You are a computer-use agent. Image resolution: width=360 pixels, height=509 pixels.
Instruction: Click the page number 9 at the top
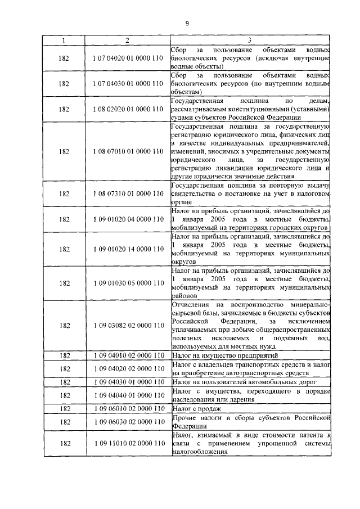pyautogui.click(x=186, y=23)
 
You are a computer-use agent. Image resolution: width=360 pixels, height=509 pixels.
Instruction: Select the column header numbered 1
pyautogui.click(x=64, y=40)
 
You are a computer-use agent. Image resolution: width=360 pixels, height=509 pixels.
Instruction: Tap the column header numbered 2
pyautogui.click(x=127, y=40)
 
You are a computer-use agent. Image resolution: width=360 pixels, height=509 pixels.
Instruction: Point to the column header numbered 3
pyautogui.click(x=249, y=40)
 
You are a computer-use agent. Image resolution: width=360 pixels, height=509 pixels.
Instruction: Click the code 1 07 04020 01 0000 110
pyautogui.click(x=127, y=58)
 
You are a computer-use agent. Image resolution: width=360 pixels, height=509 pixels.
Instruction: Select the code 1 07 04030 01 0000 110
pyautogui.click(x=127, y=83)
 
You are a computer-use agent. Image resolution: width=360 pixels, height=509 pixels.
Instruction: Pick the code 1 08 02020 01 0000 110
pyautogui.click(x=127, y=109)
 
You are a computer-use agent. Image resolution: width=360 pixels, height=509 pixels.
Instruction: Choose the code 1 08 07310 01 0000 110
pyautogui.click(x=127, y=193)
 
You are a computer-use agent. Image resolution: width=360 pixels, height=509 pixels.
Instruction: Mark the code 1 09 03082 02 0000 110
pyautogui.click(x=127, y=325)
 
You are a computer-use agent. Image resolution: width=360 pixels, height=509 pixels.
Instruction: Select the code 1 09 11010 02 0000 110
pyautogui.click(x=127, y=444)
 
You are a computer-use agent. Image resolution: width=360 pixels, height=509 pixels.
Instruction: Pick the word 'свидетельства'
pyautogui.click(x=193, y=193)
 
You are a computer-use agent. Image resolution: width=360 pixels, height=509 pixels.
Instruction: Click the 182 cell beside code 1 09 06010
pyautogui.click(x=64, y=408)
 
